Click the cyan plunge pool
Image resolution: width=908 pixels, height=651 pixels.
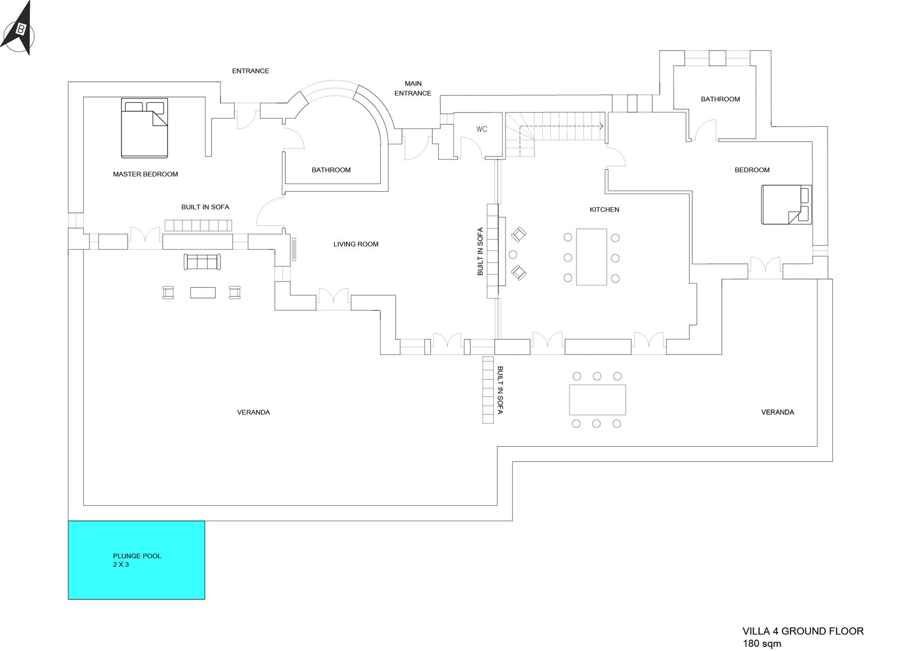[136, 560]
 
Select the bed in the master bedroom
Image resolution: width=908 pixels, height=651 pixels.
[144, 128]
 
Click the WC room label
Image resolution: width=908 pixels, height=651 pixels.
[481, 129]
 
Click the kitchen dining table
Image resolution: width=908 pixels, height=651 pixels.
[591, 257]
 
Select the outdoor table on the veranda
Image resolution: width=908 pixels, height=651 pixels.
[597, 400]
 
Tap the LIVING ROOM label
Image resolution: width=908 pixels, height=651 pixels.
[356, 244]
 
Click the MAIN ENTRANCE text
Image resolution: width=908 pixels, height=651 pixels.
[413, 88]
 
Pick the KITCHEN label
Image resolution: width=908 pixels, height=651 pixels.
[604, 210]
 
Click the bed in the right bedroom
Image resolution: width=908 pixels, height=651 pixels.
[786, 204]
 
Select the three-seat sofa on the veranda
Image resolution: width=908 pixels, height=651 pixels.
[202, 262]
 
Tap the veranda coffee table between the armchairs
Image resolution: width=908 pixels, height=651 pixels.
[203, 293]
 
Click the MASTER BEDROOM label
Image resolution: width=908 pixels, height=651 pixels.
[146, 174]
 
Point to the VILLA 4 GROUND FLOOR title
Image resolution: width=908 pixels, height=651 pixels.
[803, 631]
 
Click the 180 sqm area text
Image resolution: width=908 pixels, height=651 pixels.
[762, 643]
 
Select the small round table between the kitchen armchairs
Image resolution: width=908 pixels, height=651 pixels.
[513, 255]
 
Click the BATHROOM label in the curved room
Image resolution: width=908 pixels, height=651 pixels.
[331, 170]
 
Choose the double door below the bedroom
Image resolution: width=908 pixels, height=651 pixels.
[765, 264]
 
